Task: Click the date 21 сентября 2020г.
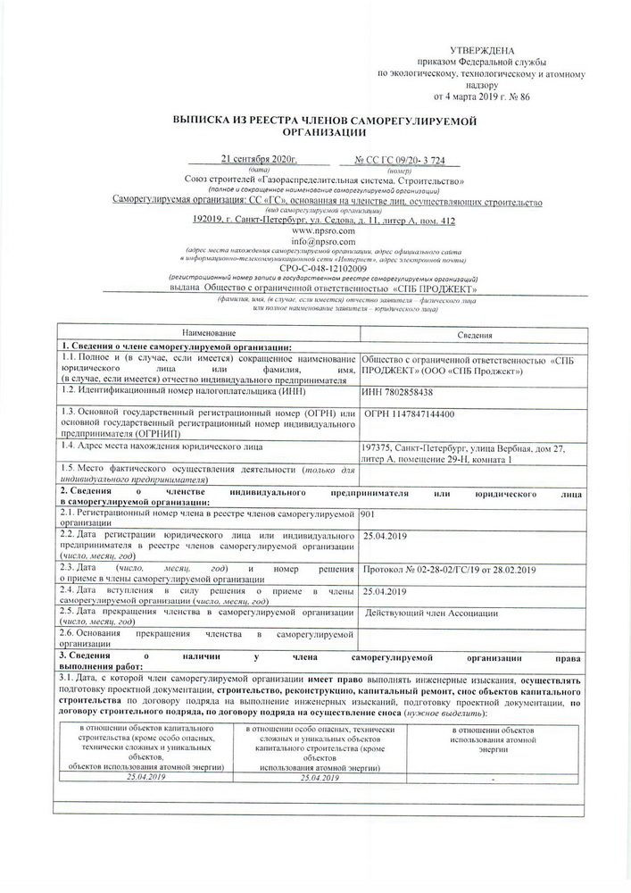click(258, 159)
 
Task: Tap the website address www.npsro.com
click(322, 230)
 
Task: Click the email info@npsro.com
click(322, 241)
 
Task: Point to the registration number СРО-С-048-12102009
click(322, 268)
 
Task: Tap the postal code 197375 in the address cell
click(380, 447)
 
